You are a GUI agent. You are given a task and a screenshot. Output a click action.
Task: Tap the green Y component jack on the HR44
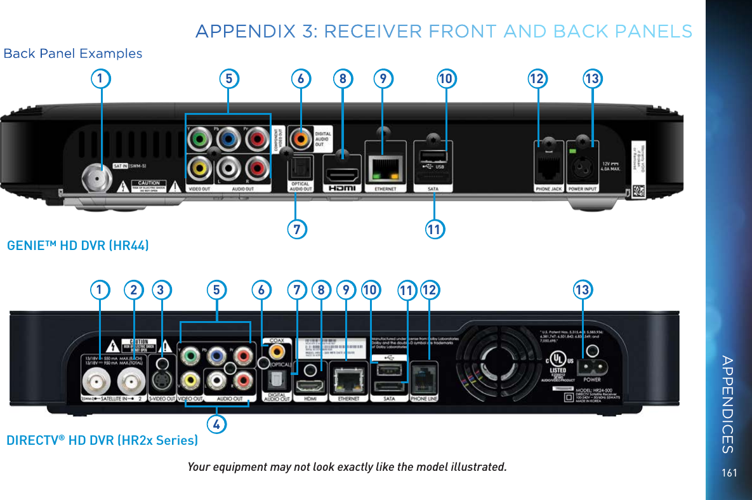coord(199,138)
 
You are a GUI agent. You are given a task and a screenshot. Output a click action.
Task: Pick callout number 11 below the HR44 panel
coord(434,227)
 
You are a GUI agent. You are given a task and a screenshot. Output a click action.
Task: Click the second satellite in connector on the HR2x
coord(134,382)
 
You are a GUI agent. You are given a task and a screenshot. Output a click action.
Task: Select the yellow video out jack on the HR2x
coord(190,381)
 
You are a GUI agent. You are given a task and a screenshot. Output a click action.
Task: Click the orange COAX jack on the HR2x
coord(276,350)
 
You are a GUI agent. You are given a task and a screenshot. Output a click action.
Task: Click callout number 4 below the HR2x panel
coord(216,423)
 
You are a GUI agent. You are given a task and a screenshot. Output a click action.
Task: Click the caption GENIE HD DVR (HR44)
coord(78,245)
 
